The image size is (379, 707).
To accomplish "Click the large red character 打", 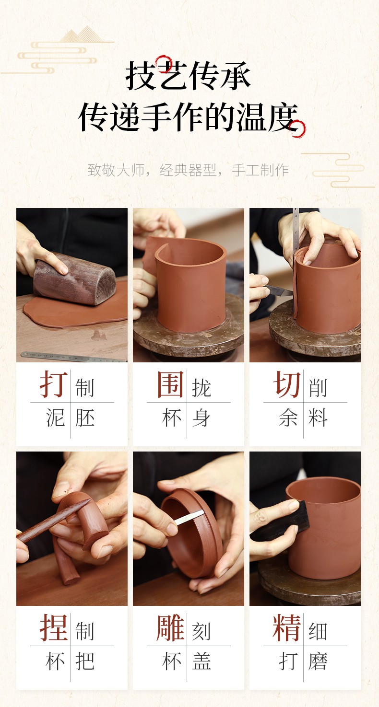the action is tap(54, 384).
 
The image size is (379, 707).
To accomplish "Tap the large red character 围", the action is tap(171, 384).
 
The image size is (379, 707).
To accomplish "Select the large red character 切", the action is tap(287, 384).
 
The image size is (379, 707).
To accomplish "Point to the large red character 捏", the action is tap(54, 627).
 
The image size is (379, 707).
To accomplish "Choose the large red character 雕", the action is tap(171, 627).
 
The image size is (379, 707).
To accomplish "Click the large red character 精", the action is tap(287, 627).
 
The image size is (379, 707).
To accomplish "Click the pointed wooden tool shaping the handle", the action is tap(54, 519).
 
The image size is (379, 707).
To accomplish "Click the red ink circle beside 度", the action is tap(297, 129).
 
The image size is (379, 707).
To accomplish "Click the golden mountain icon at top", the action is tap(82, 35).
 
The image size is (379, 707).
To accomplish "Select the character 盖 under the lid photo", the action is tap(201, 661).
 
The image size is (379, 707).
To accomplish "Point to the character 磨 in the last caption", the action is tap(318, 661).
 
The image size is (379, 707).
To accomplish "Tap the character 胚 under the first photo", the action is tap(85, 417).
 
